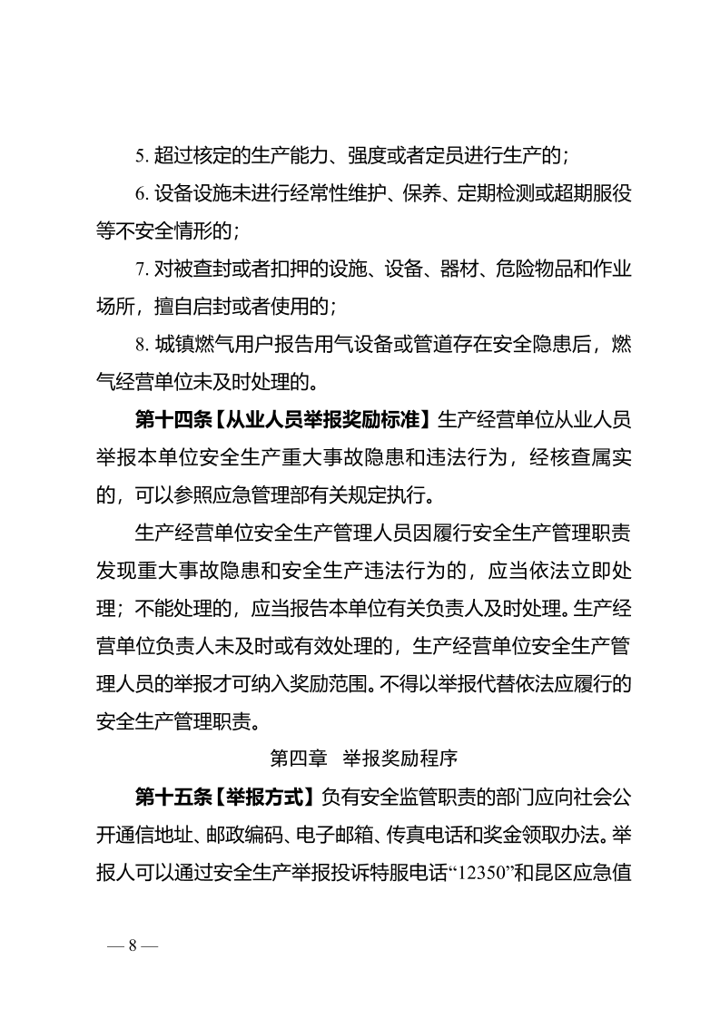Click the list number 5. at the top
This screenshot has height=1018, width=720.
[142, 155]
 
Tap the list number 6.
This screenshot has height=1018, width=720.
[142, 194]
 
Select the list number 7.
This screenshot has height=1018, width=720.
[142, 269]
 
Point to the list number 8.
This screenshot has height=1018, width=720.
[142, 345]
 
